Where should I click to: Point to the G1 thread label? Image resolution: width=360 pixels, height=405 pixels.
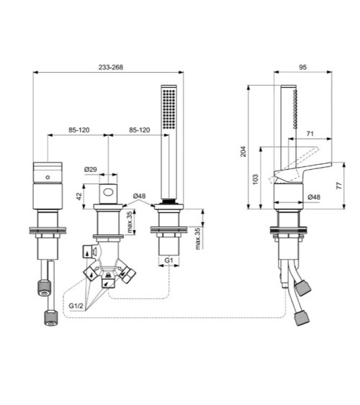coord(168,259)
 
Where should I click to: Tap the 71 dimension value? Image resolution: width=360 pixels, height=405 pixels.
coord(310,134)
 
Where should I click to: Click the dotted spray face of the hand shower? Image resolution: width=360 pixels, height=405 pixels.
coord(169,109)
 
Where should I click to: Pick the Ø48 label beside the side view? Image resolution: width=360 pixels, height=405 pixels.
coord(314,196)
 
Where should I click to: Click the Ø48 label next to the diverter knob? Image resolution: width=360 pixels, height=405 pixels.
coord(140,196)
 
